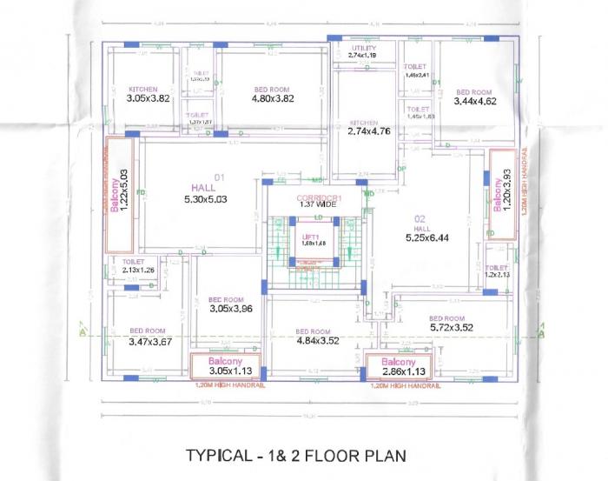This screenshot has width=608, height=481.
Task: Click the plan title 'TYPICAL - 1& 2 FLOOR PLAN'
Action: (x=296, y=454)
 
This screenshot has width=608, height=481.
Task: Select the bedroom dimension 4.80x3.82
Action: (x=273, y=98)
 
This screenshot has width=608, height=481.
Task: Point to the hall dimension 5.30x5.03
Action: (x=205, y=199)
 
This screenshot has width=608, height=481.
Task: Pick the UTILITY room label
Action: (x=362, y=48)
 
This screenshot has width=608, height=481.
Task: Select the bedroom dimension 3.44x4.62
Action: (x=474, y=102)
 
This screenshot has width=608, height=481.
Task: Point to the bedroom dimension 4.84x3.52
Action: (x=313, y=341)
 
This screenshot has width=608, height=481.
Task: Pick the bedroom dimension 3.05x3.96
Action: (x=229, y=308)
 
